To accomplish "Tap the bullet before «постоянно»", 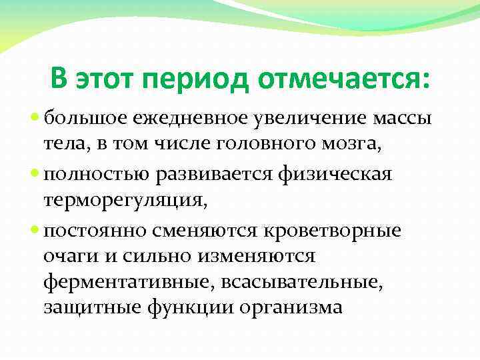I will pyautogui.click(x=35, y=230).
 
